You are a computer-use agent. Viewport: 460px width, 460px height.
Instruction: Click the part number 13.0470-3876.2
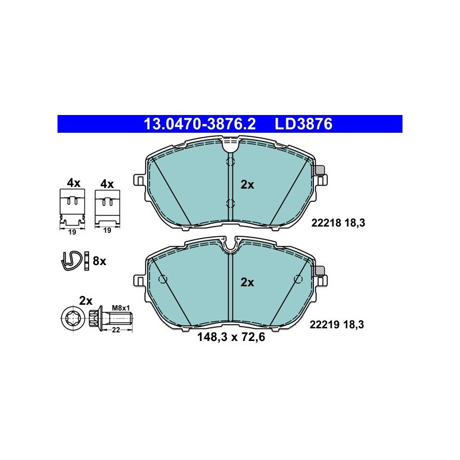[200, 124]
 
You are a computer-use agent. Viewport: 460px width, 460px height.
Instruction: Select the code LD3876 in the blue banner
[304, 124]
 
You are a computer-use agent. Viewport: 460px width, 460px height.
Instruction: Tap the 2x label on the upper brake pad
[247, 185]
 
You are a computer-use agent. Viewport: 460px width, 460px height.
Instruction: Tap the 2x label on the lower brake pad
[247, 282]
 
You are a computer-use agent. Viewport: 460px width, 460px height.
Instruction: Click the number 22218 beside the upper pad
[326, 223]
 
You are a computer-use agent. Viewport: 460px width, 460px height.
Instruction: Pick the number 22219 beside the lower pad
[325, 325]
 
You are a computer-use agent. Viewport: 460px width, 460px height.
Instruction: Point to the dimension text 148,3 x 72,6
[231, 337]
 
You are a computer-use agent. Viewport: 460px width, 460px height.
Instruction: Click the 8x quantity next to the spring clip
[99, 261]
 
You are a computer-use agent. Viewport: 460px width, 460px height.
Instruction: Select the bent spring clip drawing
[71, 261]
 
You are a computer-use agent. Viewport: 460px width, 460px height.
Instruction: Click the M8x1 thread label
[121, 308]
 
